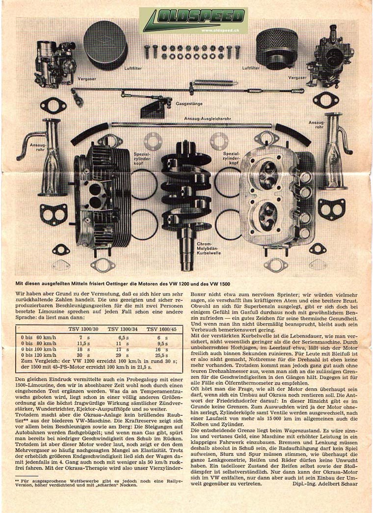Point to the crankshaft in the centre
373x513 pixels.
pyautogui.click(x=186, y=197)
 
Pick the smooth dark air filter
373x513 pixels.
pyautogui.click(x=105, y=44)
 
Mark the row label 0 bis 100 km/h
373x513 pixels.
pyautogui.click(x=38, y=348)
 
